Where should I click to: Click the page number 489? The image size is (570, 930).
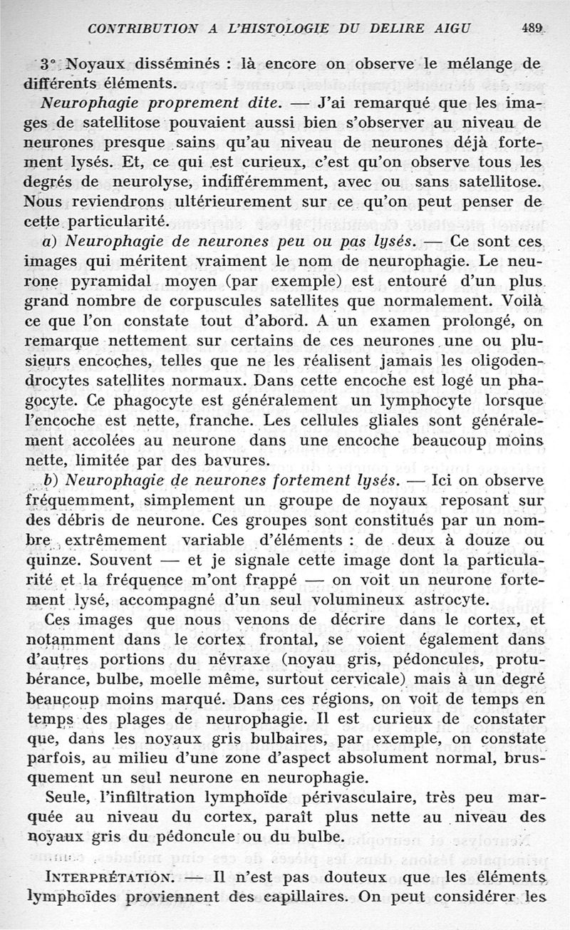tap(532, 29)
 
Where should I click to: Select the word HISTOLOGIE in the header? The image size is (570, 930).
tap(280, 29)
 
